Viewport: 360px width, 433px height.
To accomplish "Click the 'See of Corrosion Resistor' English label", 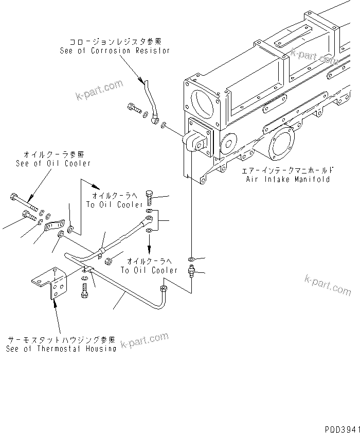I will point(115,51).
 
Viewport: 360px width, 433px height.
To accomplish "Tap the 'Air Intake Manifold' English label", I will point(287,180).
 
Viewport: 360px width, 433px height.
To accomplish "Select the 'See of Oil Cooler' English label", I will point(53,163).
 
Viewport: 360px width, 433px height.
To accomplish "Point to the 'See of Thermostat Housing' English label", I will point(61,349).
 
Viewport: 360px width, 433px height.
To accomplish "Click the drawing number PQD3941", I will point(340,428).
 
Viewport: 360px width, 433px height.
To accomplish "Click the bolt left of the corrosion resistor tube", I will point(133,109).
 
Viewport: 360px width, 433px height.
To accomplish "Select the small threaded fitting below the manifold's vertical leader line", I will point(191,271).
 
